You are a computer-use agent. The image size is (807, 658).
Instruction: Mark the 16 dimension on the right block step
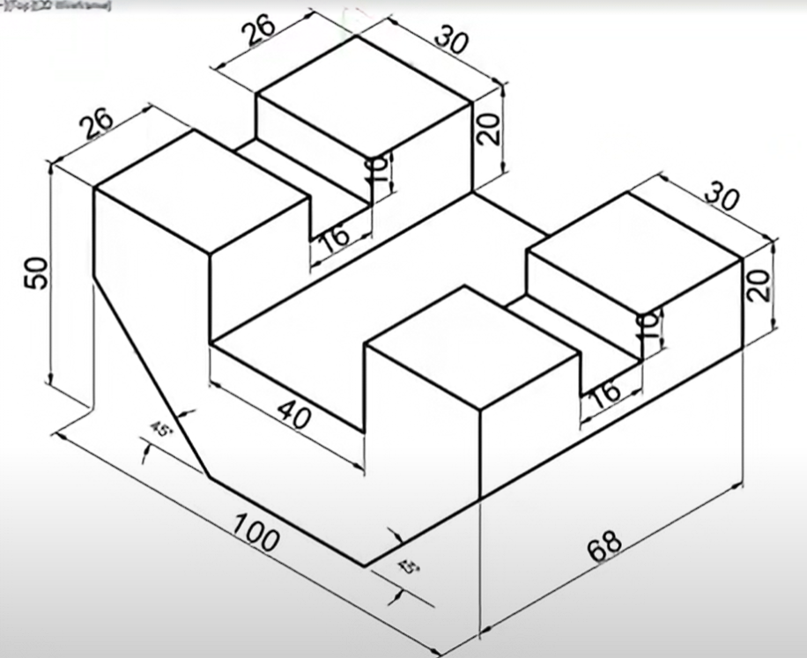[x=603, y=393]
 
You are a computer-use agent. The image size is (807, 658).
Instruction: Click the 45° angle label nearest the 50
[x=162, y=430]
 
